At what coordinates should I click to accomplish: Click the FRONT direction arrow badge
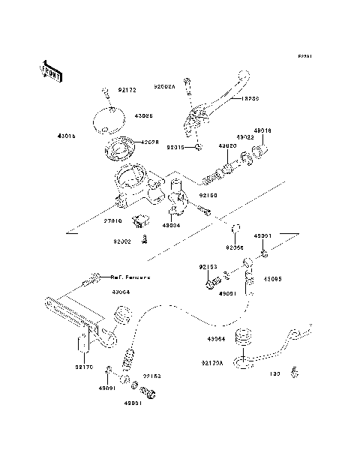pos(51,70)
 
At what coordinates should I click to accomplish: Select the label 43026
pos(144,116)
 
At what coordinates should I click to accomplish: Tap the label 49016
pos(263,130)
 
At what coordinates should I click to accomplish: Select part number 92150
pos(208,195)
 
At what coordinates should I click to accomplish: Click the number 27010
pos(113,221)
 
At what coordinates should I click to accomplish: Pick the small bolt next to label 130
pos(295,371)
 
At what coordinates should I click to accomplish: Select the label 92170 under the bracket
pos(84,367)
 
